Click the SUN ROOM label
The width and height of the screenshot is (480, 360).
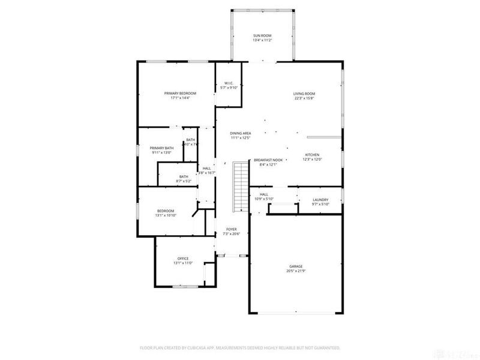point(262,36)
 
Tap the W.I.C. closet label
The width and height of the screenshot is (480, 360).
point(228,83)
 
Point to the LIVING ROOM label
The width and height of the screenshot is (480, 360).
point(304,94)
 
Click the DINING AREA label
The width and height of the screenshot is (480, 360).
point(240,133)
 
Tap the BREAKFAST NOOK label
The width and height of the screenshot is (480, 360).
point(268,160)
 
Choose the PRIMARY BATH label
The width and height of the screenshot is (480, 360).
point(161,148)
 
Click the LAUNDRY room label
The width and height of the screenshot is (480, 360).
point(321,199)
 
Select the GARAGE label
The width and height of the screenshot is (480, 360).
point(296,266)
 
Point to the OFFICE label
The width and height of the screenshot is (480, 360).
point(182,259)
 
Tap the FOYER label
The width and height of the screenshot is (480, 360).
point(231,229)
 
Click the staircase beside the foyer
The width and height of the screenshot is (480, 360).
point(240,186)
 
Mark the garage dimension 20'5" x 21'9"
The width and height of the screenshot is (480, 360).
point(296,271)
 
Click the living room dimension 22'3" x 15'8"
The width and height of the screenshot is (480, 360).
point(304,98)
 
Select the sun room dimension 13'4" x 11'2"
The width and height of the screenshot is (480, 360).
point(262,41)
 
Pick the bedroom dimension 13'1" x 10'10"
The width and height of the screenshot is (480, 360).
point(166,215)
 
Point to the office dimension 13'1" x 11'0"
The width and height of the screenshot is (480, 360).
point(182,263)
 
